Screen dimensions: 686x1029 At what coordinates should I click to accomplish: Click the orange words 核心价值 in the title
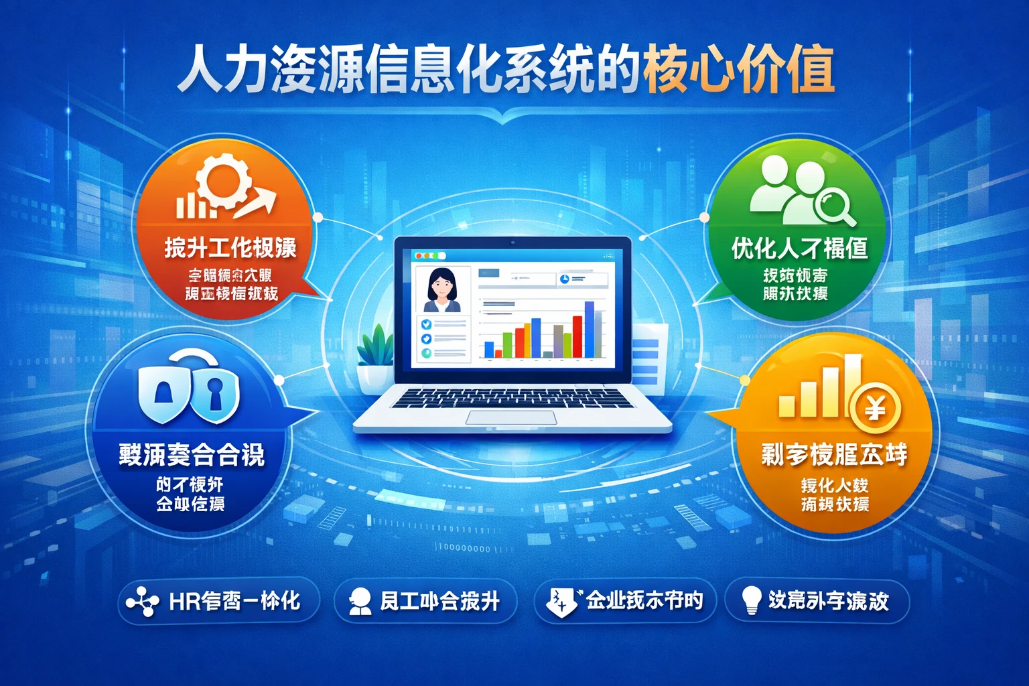point(738,69)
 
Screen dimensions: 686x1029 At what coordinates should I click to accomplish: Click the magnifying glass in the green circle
point(835,204)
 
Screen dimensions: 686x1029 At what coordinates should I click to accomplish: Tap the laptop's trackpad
point(511,418)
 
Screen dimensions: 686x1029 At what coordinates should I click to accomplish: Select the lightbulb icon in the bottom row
point(752,600)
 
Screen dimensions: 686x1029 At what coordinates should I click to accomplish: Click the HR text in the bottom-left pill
point(185,601)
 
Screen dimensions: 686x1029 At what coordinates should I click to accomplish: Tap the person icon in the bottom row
point(360,601)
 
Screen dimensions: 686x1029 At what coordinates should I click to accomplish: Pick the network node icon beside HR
point(142,602)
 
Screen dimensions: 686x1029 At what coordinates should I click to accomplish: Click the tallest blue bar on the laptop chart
point(589,329)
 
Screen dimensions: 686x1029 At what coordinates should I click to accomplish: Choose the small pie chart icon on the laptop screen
point(564,279)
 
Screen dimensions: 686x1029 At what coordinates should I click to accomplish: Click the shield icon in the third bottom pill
point(560,601)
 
